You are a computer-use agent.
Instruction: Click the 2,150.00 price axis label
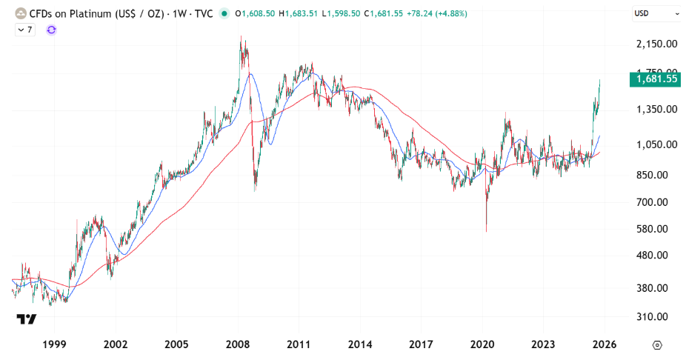658,44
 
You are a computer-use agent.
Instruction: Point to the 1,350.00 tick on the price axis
658,109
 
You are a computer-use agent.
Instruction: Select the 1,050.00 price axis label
658,145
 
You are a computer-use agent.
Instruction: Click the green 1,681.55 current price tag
655,79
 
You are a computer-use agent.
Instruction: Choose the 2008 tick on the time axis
239,344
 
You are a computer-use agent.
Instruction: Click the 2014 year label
360,344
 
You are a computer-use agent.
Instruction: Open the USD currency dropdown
656,13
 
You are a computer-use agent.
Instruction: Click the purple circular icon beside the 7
51,29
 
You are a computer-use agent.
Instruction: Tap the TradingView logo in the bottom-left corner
27,319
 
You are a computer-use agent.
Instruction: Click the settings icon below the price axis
657,344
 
